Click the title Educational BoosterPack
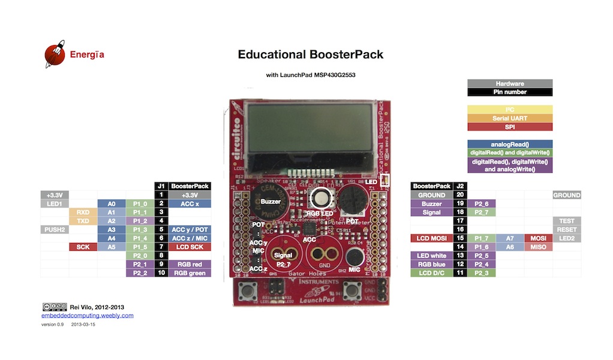[310, 55]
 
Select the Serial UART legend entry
[509, 118]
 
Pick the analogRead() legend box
[509, 144]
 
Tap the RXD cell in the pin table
[83, 212]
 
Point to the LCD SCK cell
[190, 247]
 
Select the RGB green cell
[190, 273]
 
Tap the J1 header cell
[161, 186]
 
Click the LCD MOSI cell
[431, 239]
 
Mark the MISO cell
[537, 247]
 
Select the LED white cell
[431, 256]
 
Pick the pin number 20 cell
[460, 195]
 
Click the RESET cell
[566, 230]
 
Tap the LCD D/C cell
[431, 273]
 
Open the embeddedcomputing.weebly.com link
[88, 316]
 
